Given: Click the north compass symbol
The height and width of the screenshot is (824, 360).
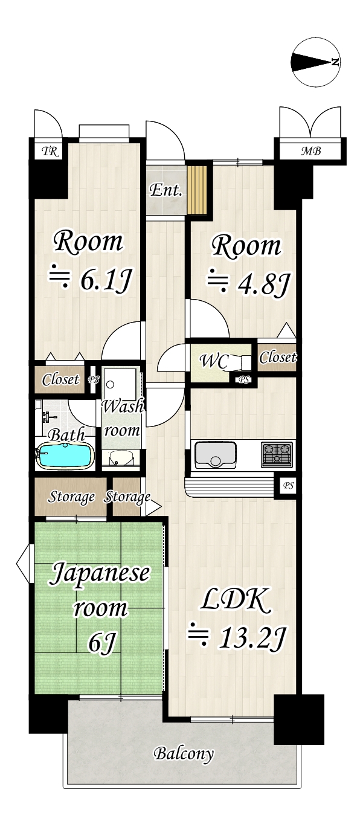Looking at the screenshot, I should pyautogui.click(x=315, y=62).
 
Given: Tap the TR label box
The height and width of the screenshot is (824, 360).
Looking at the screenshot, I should pyautogui.click(x=51, y=151).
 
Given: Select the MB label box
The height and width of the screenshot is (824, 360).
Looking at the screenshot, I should pyautogui.click(x=311, y=151).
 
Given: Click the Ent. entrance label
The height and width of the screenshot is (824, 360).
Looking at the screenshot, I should pyautogui.click(x=166, y=191).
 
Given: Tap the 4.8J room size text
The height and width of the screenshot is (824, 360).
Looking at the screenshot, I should pyautogui.click(x=245, y=282).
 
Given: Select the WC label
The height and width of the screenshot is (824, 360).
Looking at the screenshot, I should pyautogui.click(x=214, y=362).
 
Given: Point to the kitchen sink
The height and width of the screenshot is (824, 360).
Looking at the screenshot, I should pyautogui.click(x=215, y=454).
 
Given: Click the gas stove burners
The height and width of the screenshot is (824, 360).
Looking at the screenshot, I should pyautogui.click(x=277, y=454).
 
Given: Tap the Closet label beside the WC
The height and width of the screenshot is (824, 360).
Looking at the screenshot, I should pyautogui.click(x=278, y=358).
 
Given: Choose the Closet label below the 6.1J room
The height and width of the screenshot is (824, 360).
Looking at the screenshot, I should pyautogui.click(x=60, y=380).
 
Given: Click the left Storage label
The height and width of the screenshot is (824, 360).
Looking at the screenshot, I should pyautogui.click(x=71, y=498).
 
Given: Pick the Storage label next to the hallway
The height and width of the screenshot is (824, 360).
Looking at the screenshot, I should pyautogui.click(x=127, y=498).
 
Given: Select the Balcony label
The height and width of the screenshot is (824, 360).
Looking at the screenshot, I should pyautogui.click(x=184, y=753).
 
